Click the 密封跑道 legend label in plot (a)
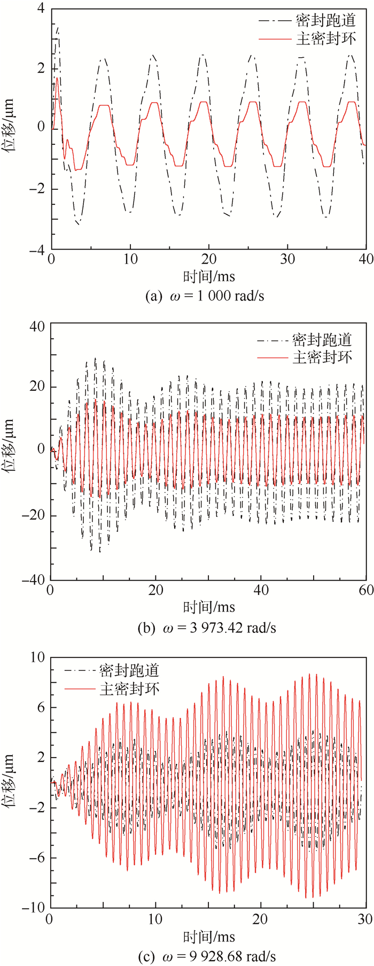point(325,21)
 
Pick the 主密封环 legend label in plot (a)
point(325,38)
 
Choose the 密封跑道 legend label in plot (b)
point(322,340)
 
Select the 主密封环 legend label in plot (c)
point(129,688)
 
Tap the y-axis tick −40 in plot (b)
point(33,579)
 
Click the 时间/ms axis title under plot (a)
point(209,276)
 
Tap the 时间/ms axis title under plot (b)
point(209,607)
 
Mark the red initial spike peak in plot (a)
point(57,78)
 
